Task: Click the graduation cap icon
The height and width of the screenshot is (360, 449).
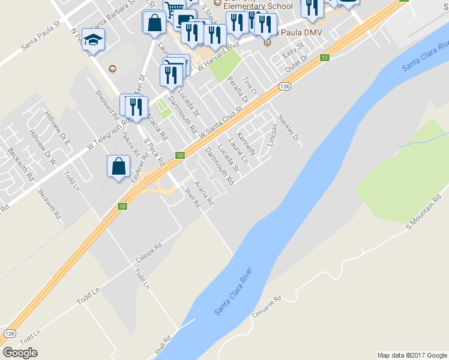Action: [93, 40]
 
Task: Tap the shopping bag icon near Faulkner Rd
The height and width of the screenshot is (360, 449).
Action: [119, 166]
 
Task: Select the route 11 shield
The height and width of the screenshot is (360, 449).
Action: [325, 58]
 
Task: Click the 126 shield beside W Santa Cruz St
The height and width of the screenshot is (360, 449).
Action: [285, 87]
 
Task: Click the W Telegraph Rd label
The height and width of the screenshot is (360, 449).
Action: [108, 133]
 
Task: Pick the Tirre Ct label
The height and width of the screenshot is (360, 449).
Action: [249, 87]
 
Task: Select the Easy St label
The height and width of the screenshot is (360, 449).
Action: [291, 52]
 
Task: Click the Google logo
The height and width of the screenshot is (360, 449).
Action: [20, 352]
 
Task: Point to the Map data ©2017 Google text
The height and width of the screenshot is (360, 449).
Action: [412, 355]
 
